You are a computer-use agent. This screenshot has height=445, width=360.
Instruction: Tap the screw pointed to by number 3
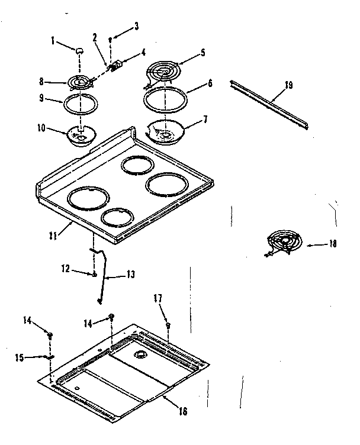click(x=110, y=39)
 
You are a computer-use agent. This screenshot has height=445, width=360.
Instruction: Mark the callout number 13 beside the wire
click(x=130, y=275)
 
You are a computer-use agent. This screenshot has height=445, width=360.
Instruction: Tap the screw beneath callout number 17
click(x=168, y=325)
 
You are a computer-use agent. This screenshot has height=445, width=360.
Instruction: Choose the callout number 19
click(x=288, y=85)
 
